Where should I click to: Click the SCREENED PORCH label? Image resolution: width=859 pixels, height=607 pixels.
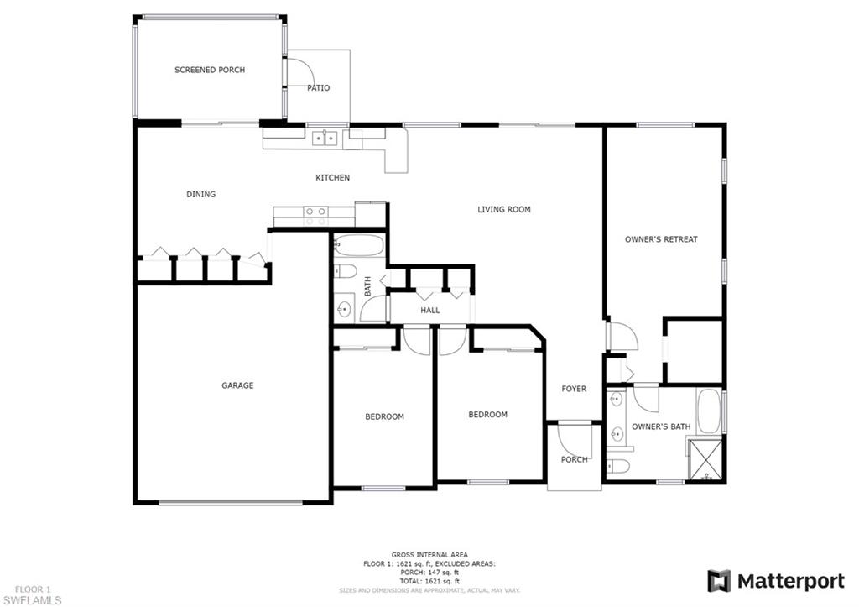pos(210,70)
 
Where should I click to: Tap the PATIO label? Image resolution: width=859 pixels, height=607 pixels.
pos(318,87)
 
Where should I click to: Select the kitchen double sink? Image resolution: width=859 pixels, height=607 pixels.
pos(325,139)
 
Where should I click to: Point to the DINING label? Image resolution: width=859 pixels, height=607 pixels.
pos(200,194)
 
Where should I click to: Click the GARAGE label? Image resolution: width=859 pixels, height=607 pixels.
pos(237,385)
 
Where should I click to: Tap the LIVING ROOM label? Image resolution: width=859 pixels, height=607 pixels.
pos(504,209)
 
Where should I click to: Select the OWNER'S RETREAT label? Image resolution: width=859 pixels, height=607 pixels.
pos(661,239)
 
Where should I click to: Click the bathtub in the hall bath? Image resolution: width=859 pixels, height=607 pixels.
pos(359,247)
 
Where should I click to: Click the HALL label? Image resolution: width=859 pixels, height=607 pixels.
pos(430,310)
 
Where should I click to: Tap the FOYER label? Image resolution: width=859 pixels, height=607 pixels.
pos(574,389)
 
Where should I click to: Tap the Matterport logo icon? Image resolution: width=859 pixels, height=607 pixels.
pos(719,581)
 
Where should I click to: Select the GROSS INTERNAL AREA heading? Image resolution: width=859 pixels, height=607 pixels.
pos(429,555)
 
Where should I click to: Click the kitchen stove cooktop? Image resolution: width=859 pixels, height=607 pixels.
pos(316,212)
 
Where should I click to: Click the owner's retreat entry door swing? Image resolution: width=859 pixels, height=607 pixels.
pos(622,338)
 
